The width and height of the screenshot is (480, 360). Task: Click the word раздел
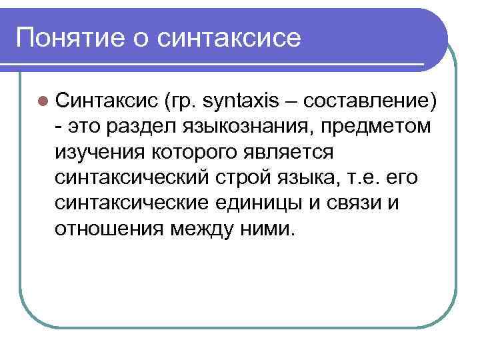point(140,126)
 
